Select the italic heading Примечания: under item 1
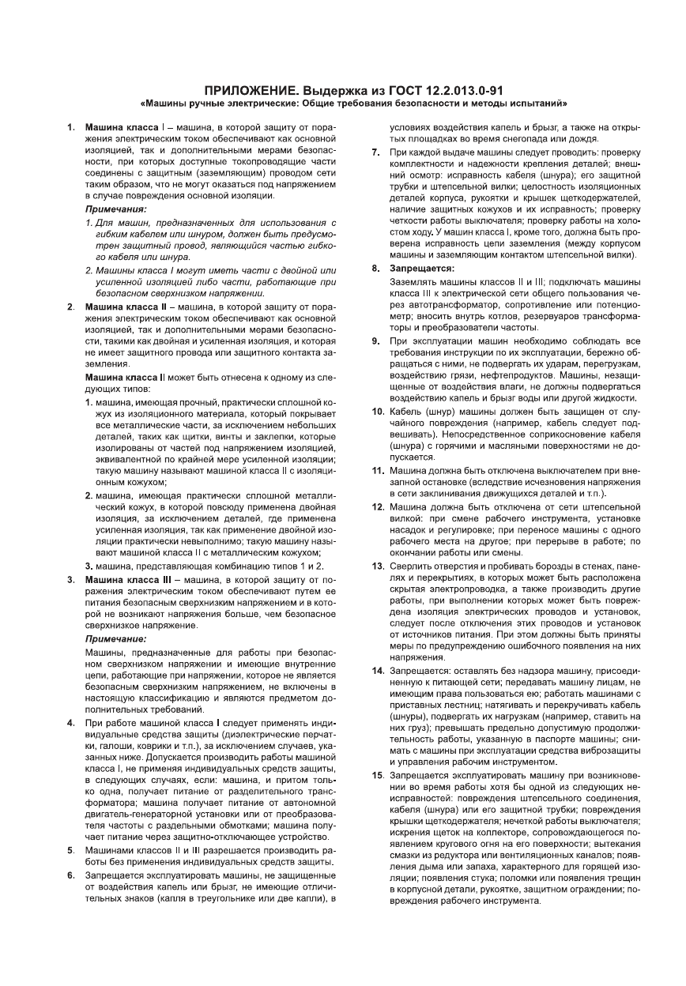click(x=115, y=209)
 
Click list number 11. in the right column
click(x=378, y=471)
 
